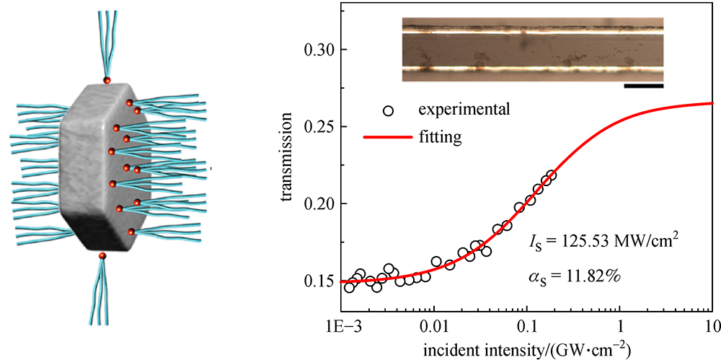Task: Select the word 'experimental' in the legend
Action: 465,110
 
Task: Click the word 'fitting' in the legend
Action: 439,134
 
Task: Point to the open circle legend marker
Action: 389,110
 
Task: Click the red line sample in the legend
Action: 389,134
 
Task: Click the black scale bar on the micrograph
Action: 643,86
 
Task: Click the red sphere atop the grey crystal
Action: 107,80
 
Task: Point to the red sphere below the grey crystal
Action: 102,255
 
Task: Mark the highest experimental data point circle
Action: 552,175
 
